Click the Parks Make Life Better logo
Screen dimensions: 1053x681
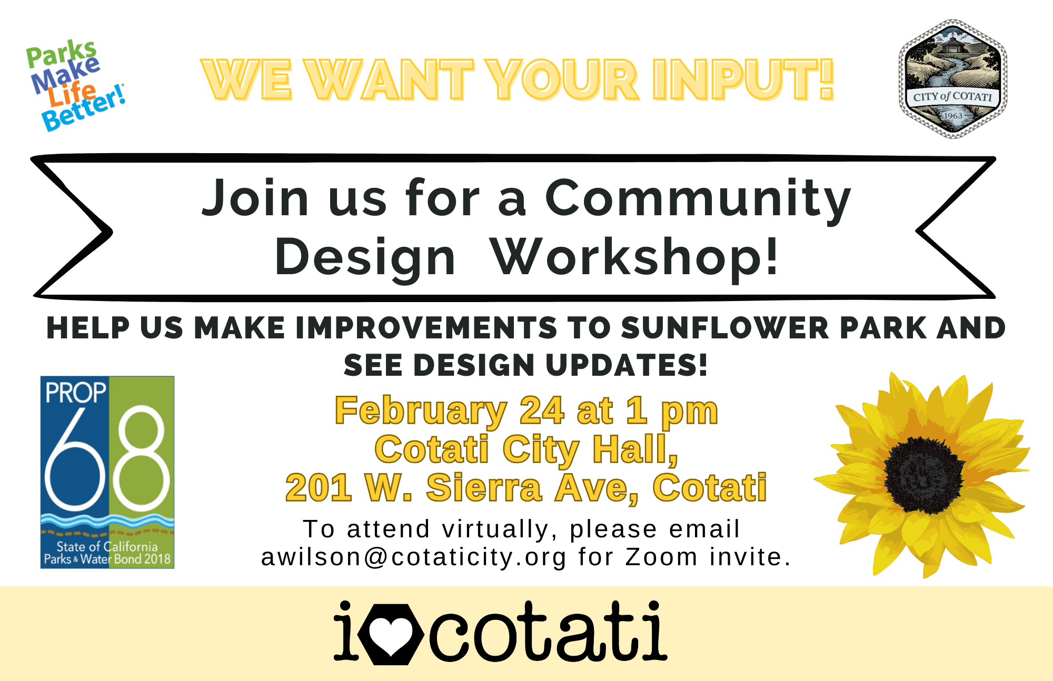click(x=76, y=86)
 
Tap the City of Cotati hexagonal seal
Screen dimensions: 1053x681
click(x=953, y=79)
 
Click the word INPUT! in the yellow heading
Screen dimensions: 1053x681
click(x=743, y=79)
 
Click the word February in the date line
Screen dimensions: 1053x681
click(x=421, y=412)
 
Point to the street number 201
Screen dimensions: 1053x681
click(x=319, y=487)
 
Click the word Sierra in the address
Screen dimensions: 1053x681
click(x=484, y=487)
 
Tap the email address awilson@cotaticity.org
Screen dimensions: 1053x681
click(x=414, y=557)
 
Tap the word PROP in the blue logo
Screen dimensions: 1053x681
click(x=76, y=393)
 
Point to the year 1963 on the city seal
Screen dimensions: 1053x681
click(x=953, y=116)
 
